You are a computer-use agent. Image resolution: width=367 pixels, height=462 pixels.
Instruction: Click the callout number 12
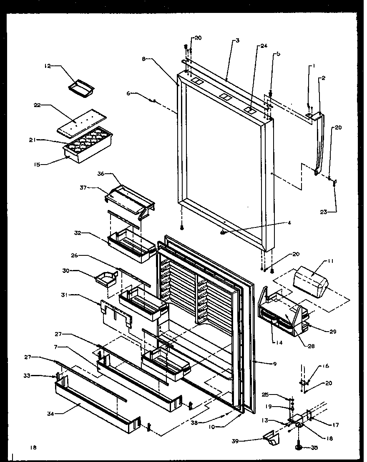tap(47, 66)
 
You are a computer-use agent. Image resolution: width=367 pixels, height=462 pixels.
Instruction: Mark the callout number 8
tap(144, 59)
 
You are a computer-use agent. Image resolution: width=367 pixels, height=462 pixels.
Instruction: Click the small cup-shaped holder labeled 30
tap(106, 279)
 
